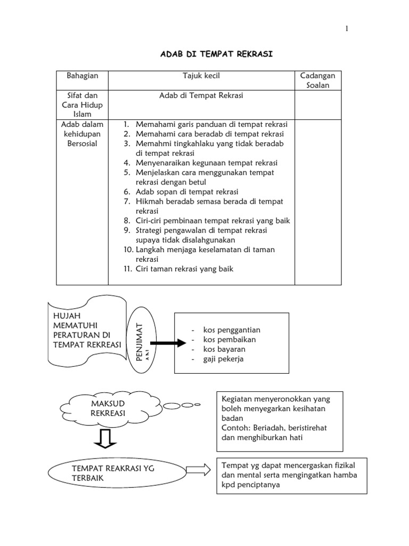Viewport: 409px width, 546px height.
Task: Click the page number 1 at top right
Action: [x=347, y=29]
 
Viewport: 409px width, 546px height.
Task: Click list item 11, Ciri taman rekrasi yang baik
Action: [x=184, y=269]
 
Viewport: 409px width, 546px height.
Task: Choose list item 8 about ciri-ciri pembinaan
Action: [x=212, y=221]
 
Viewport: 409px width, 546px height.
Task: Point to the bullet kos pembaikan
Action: [x=229, y=340]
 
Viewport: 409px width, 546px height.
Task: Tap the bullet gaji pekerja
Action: [x=223, y=359]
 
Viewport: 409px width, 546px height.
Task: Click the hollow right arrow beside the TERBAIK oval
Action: [x=198, y=470]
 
